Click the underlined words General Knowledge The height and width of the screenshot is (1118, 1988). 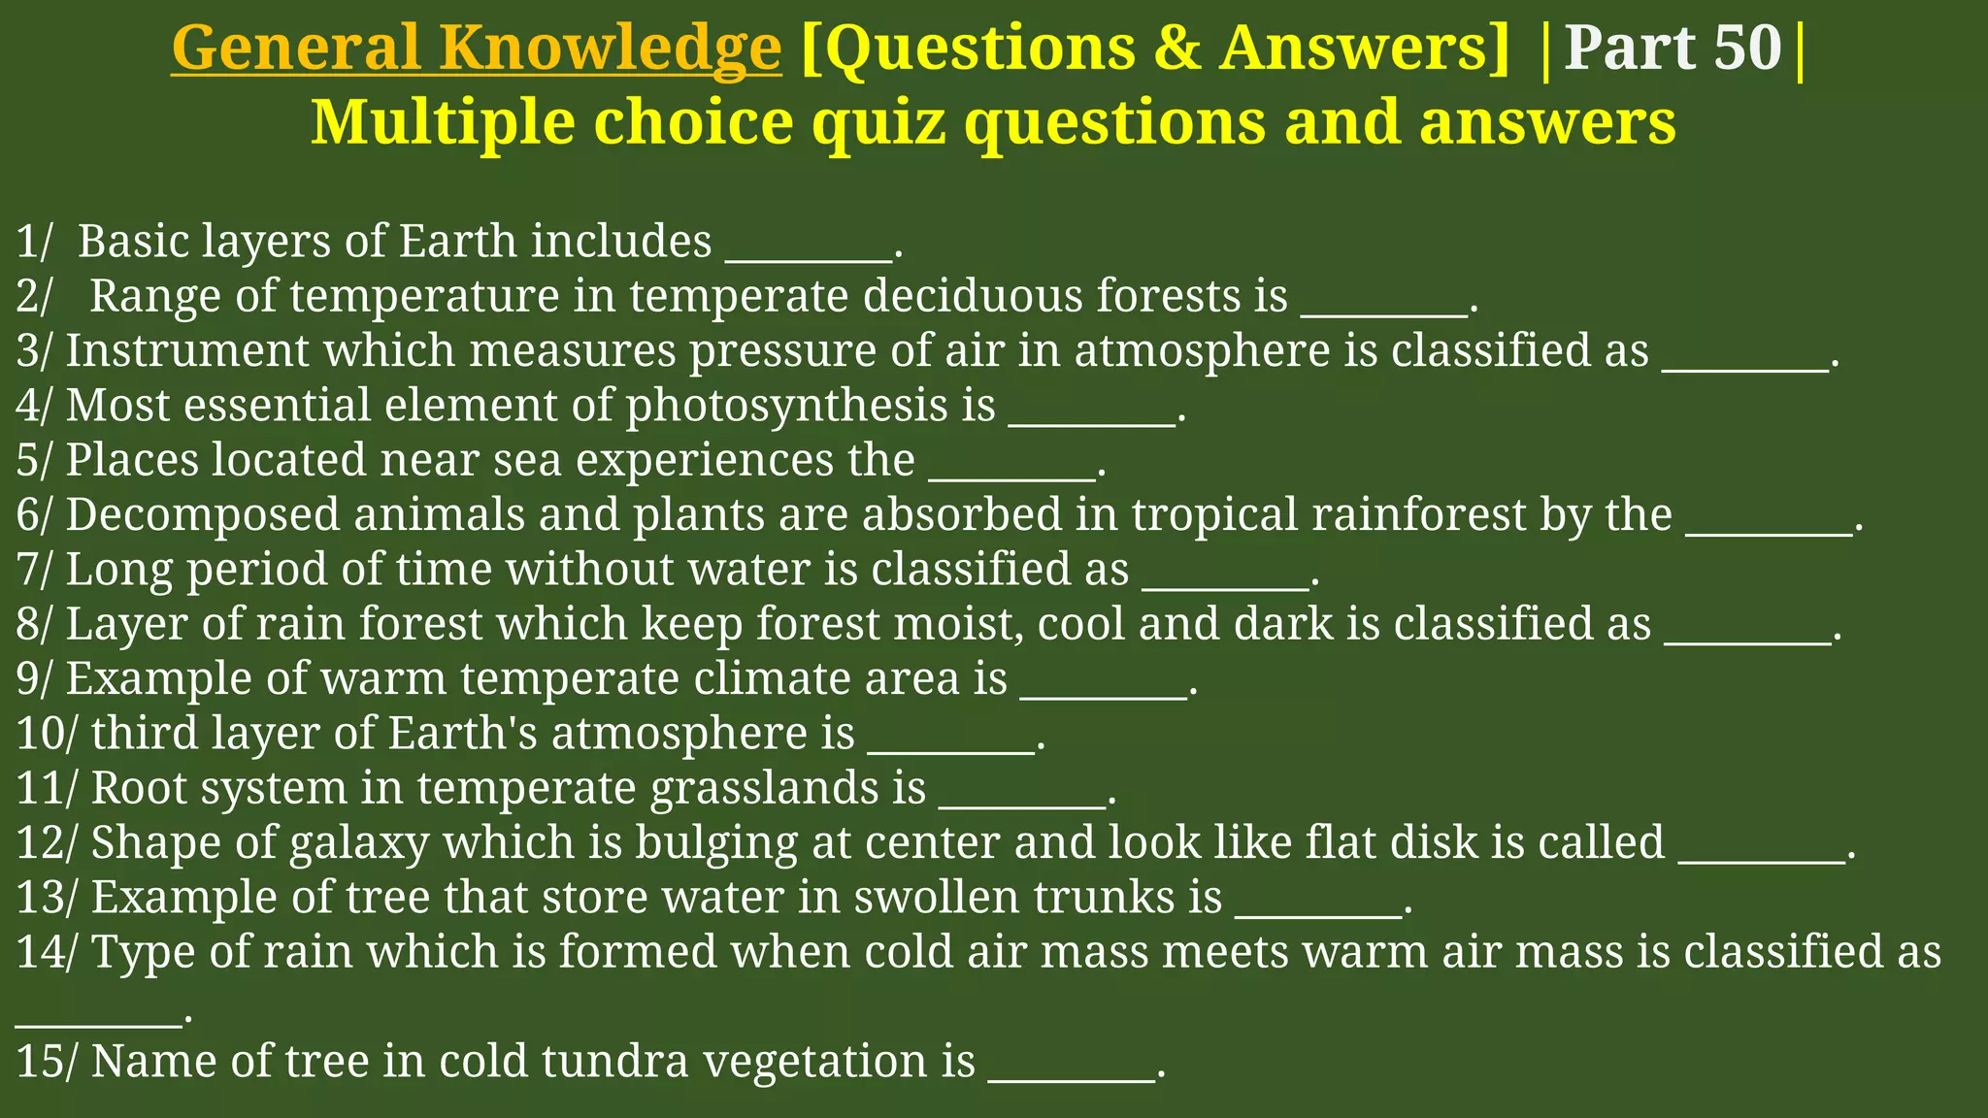coord(476,48)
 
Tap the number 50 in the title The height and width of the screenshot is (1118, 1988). coord(1748,48)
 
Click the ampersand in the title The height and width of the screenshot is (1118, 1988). coord(1178,48)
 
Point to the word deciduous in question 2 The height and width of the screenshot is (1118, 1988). coord(973,296)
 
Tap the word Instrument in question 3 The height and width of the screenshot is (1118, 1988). coord(187,350)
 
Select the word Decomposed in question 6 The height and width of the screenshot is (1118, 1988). coord(203,514)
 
